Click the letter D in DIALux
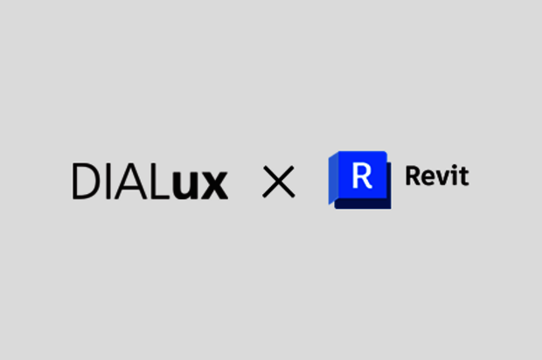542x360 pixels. (86, 181)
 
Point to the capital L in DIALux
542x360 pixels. (161, 181)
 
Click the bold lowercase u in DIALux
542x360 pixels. (187, 184)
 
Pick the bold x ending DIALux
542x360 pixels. (214, 184)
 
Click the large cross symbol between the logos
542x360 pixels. (278, 182)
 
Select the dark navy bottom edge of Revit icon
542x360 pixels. (362, 204)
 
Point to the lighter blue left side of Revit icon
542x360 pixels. (333, 179)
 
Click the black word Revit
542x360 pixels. (436, 177)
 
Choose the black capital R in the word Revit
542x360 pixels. (413, 177)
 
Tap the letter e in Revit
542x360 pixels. (429, 179)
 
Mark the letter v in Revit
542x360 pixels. (443, 179)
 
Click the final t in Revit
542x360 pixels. (463, 177)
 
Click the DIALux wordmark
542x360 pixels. (149, 182)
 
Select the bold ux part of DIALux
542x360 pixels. (200, 184)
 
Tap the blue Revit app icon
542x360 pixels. (359, 180)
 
